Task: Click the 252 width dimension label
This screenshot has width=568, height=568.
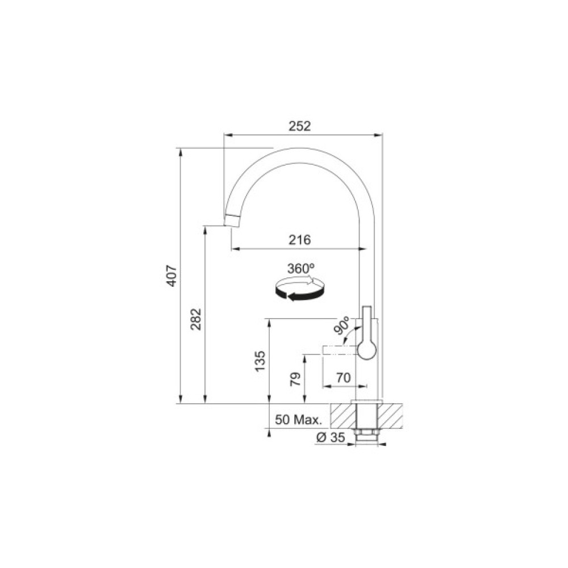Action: click(x=299, y=126)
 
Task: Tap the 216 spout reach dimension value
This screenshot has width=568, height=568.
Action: click(x=299, y=240)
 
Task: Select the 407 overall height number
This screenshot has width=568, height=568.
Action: click(x=172, y=276)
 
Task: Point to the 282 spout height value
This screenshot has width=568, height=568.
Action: click(x=196, y=319)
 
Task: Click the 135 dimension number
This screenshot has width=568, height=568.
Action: click(x=260, y=361)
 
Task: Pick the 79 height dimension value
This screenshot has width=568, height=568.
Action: click(x=296, y=379)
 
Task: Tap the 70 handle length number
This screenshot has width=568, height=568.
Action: click(x=344, y=378)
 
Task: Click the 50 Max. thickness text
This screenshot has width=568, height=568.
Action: click(x=298, y=420)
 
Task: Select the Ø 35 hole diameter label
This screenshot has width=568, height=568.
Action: click(x=331, y=437)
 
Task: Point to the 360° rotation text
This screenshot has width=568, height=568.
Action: click(x=300, y=269)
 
